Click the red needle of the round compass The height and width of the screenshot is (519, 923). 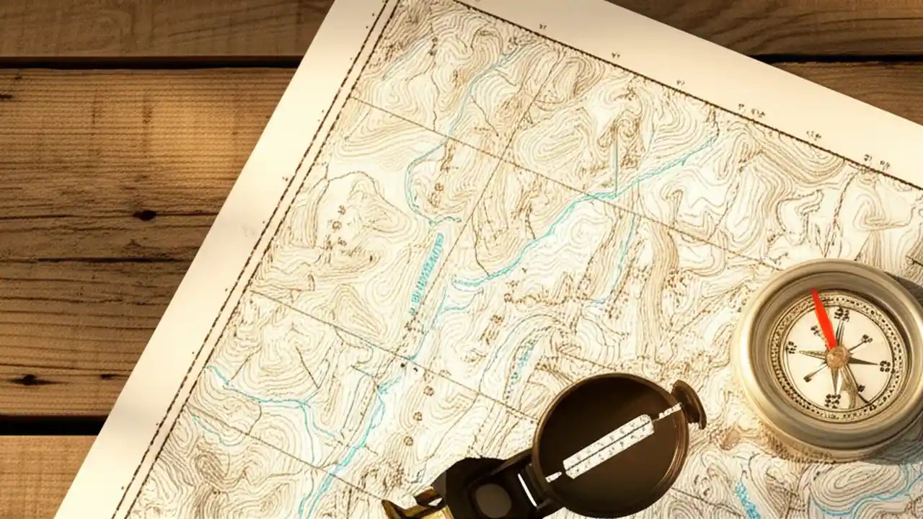823,318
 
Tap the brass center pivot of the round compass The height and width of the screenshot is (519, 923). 837,356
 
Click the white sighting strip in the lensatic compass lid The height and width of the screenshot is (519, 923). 613,444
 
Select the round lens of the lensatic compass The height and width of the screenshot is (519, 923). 495,497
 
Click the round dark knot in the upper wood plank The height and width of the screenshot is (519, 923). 145,214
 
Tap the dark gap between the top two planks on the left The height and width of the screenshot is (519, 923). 144,62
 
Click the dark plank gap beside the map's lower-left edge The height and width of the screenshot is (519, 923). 50,425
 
